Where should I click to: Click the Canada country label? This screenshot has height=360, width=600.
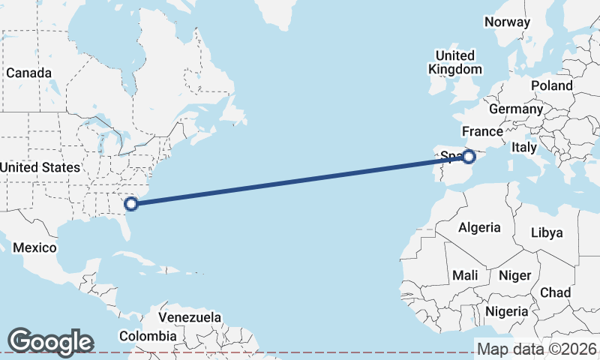tap(28, 73)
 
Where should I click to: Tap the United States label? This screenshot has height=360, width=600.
tap(39, 167)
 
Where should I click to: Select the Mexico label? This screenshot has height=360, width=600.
tap(34, 247)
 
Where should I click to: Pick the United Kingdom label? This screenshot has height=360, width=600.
tap(455, 62)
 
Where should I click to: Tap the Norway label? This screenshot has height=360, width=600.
tap(507, 22)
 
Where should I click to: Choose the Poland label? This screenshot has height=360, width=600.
tap(551, 85)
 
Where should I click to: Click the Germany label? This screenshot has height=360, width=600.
tap(515, 109)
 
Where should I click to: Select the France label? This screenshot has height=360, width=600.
tap(481, 132)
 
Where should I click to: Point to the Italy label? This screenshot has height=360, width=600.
tap(524, 148)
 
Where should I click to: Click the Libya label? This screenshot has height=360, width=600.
tap(546, 232)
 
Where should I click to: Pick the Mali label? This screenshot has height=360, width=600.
tap(465, 276)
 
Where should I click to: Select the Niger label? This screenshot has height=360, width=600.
tap(514, 276)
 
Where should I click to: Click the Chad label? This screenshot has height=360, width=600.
tap(555, 292)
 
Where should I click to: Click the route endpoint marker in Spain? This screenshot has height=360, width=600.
tap(469, 157)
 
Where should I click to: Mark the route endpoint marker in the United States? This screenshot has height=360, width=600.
tap(131, 203)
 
